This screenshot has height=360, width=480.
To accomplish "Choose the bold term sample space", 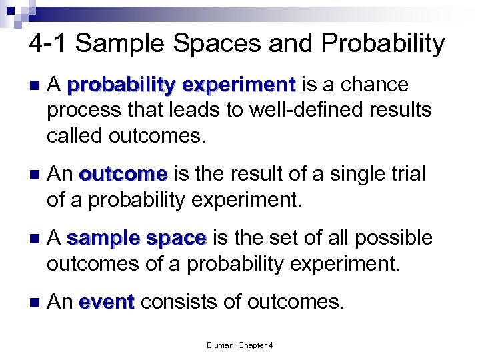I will (137, 238).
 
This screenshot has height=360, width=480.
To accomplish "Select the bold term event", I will (107, 303).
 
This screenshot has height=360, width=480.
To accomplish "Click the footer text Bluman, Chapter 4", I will (240, 345).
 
